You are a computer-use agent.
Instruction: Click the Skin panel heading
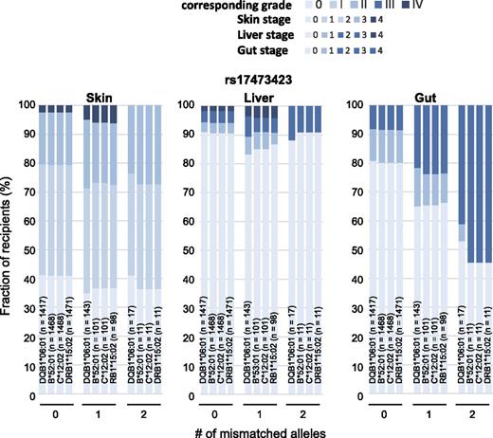point(98,97)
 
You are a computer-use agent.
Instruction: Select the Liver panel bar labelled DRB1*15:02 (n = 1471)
point(222,237)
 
